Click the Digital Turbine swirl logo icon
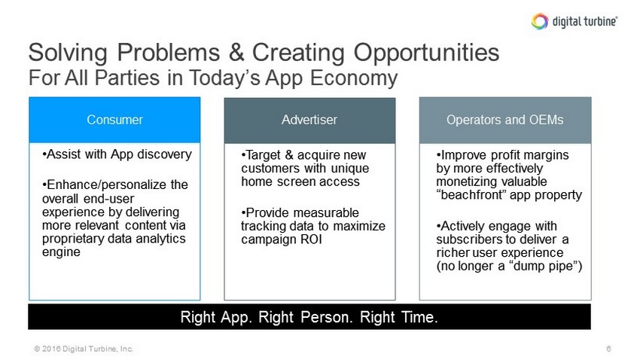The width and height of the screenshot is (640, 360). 540,21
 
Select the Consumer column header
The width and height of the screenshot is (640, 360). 114,120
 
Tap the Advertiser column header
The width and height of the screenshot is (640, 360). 309,120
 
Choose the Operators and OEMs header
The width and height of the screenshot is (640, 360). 505,120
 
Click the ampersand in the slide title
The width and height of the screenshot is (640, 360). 236,52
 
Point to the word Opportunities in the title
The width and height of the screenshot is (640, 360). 426,53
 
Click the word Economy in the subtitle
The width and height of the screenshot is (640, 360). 354,78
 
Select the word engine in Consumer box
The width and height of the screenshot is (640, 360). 61,252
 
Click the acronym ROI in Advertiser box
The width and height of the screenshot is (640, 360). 312,239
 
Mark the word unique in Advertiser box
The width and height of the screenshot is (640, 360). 350,169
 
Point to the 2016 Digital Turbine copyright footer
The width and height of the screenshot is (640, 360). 84,349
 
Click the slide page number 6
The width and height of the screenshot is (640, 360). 608,349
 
